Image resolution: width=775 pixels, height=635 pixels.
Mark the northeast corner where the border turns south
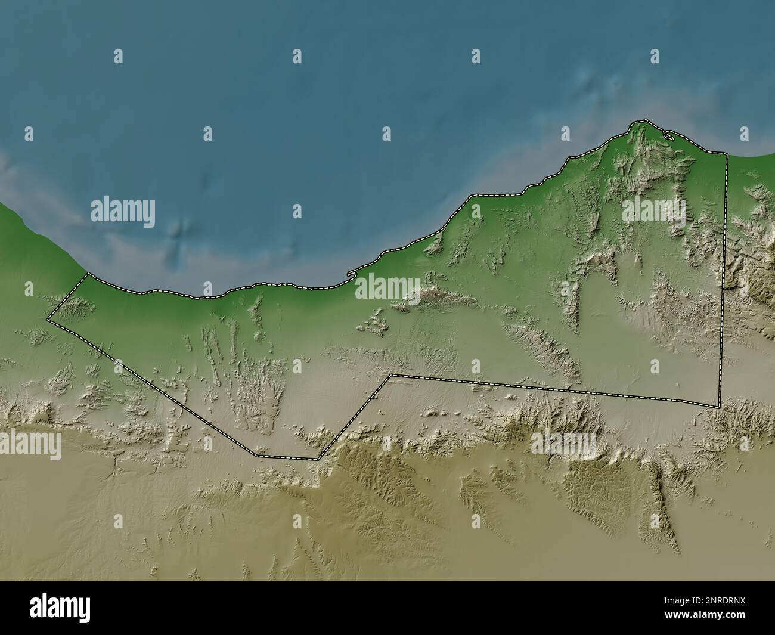(727, 154)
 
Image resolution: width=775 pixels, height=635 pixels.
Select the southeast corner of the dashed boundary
(720, 407)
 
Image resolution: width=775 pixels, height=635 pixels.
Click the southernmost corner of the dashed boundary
(318, 459)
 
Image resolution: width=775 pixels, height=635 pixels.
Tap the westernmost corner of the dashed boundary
(48, 320)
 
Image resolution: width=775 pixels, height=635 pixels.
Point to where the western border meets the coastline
(88, 274)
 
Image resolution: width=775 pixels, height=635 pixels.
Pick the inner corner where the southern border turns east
(390, 376)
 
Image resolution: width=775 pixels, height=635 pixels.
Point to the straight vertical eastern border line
(723, 280)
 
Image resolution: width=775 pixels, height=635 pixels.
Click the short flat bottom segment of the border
(286, 457)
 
